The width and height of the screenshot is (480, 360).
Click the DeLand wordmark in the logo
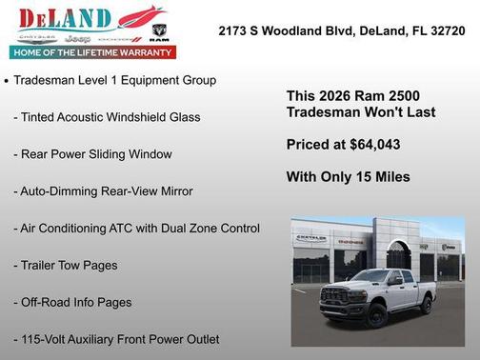pos(67,17)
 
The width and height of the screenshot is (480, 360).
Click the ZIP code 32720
pos(446,31)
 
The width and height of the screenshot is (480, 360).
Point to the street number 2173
pos(233,31)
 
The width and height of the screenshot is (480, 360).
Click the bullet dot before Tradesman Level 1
pos(7,81)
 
